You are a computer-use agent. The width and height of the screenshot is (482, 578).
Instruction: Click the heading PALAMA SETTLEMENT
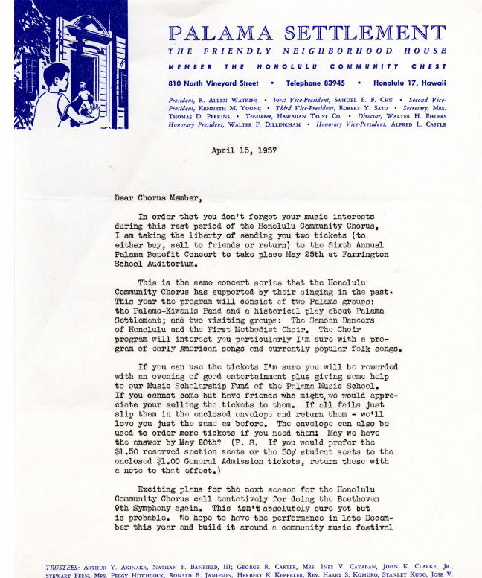[x=306, y=34]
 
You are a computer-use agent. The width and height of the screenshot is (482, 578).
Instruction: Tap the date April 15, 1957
[x=244, y=150]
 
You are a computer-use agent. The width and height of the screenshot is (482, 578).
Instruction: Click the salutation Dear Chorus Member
[x=158, y=198]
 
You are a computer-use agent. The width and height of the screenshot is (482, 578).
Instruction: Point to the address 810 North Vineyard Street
[x=213, y=83]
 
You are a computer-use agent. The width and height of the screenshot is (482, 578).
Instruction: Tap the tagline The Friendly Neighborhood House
[x=306, y=51]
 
